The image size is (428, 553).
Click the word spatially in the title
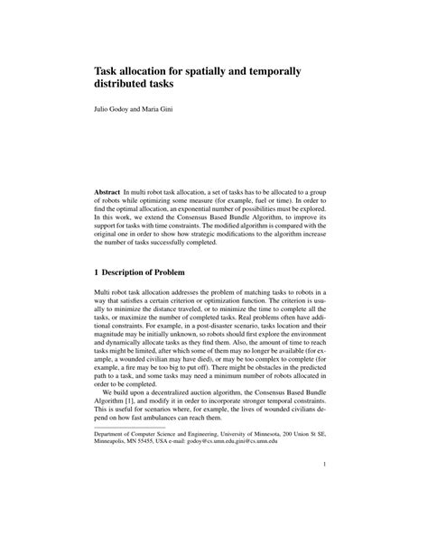click(206, 70)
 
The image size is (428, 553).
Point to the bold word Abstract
click(112, 195)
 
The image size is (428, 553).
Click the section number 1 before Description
click(98, 274)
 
